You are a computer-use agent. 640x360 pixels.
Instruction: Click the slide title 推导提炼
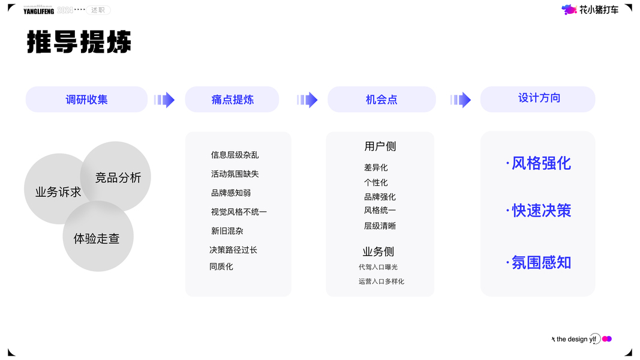pos(79,43)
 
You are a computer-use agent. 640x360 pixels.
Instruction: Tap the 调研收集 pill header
pos(86,100)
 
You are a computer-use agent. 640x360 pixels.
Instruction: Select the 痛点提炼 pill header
pos(232,100)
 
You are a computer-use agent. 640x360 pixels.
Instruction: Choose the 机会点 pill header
pos(381,100)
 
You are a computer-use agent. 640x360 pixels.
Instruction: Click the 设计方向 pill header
pos(538,98)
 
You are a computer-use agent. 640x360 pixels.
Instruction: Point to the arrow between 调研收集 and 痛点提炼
pos(164,100)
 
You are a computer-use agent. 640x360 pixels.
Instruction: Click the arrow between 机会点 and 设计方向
pos(461,100)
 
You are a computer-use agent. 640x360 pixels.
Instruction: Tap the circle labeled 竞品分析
pos(118,178)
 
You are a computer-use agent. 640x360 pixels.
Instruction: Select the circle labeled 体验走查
pos(97,239)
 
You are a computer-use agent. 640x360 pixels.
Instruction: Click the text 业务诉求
pos(58,192)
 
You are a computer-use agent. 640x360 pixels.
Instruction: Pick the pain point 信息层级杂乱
pos(235,155)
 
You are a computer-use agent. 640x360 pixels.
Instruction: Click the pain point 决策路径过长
pos(233,250)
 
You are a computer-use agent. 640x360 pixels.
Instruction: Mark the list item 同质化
pos(221,266)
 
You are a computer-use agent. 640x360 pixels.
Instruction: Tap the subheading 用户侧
pos(380,146)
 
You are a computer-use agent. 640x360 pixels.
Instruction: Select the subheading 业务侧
pos(378,251)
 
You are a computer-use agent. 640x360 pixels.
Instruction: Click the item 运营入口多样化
pos(381,281)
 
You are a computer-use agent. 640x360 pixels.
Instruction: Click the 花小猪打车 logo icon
pos(569,10)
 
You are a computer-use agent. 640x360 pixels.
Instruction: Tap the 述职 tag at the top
pos(98,10)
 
